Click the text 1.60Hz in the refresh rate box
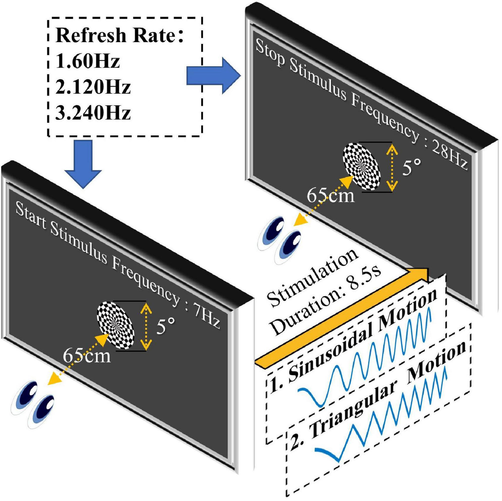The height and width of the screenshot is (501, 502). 87,61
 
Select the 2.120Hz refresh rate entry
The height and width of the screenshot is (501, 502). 93,87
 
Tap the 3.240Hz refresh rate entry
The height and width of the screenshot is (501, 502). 93,112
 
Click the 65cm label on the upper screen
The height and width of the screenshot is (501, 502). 330,195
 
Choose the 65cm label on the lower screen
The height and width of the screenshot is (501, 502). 87,356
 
